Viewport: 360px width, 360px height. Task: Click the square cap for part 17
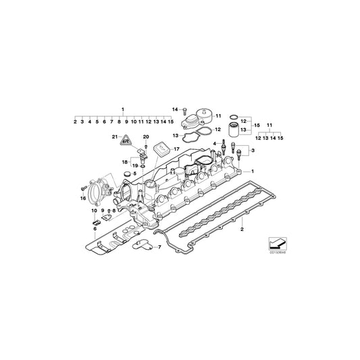coord(160,149)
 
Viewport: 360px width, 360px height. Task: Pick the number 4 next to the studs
coord(214,143)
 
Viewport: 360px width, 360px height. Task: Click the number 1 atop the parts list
coord(123,109)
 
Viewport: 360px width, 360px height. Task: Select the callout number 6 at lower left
coord(95,229)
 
